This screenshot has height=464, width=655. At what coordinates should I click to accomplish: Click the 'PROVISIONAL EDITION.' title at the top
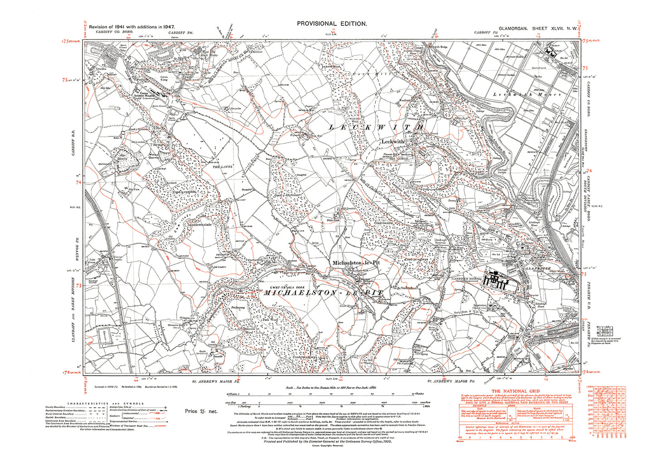[332, 24]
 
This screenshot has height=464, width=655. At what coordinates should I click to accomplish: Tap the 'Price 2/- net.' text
[201, 411]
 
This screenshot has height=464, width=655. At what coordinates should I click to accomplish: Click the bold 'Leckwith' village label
[393, 142]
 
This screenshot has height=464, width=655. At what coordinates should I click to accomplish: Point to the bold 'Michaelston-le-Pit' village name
[356, 262]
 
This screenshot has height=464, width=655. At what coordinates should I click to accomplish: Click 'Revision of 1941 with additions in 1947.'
[132, 27]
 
